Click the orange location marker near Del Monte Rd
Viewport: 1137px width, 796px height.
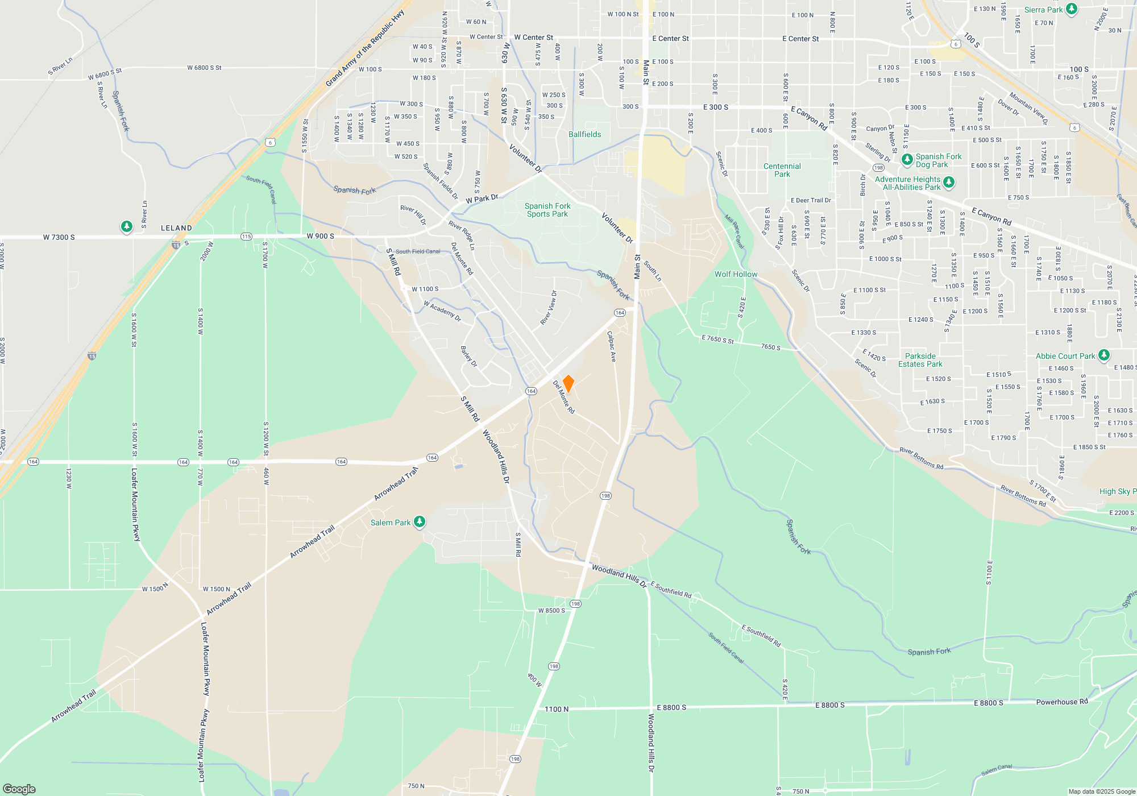[568, 383]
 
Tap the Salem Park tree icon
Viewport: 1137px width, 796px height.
[420, 521]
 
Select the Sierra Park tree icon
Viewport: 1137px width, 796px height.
[1072, 9]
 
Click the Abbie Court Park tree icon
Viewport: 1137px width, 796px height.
[1103, 355]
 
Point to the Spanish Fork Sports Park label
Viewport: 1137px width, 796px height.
[547, 210]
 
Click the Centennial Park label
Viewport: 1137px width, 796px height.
[782, 170]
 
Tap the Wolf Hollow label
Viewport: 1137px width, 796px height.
[736, 274]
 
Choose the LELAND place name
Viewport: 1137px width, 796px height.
[176, 228]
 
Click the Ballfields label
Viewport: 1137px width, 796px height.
[584, 134]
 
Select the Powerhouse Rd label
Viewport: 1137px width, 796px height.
[1061, 702]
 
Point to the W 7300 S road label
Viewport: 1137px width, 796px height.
[59, 237]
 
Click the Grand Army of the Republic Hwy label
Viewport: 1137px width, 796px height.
[365, 48]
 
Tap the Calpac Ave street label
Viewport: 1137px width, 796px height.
[612, 346]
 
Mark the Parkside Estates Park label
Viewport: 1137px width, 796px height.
[920, 360]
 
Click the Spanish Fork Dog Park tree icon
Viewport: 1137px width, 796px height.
[907, 159]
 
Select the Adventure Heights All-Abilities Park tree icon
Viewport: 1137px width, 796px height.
[948, 183]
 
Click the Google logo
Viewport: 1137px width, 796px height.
[19, 789]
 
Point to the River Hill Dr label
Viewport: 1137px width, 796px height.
[413, 215]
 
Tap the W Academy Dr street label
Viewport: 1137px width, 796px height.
[442, 311]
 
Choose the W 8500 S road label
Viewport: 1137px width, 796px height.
[551, 610]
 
